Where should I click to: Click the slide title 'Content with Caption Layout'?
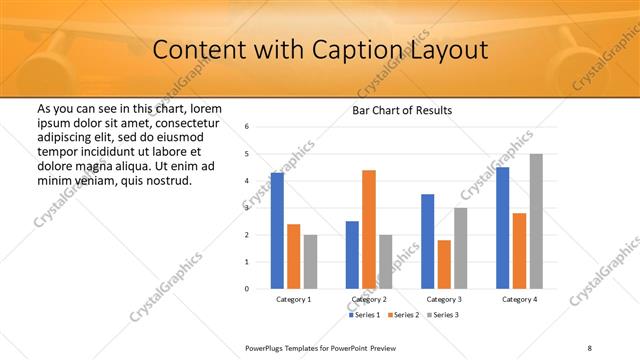point(320,49)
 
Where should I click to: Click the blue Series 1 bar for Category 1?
point(277,230)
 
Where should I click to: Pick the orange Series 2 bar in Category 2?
point(369,229)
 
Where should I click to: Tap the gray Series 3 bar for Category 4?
point(536,221)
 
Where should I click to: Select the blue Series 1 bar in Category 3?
point(427,241)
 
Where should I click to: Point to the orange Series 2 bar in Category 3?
point(444,264)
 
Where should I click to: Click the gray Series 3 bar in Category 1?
point(310,261)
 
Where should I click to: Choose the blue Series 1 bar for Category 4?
point(503,227)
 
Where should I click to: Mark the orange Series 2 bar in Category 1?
point(293,256)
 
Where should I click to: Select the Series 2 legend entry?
point(402,315)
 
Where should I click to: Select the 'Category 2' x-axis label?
point(369,299)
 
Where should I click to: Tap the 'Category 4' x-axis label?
point(519,299)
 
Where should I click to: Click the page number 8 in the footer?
point(589,347)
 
